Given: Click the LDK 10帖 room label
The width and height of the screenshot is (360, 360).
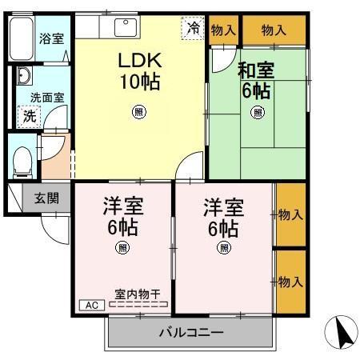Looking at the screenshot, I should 140,70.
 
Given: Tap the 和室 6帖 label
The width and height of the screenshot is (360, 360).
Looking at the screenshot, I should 257,78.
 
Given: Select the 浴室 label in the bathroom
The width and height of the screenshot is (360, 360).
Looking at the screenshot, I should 51,38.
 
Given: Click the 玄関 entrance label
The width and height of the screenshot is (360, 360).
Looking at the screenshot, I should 46,198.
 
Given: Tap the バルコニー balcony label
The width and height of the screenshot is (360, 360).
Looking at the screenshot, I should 190,332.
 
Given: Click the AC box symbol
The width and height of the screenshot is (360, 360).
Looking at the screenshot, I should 90,305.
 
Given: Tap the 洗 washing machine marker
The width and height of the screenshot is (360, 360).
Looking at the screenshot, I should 28,115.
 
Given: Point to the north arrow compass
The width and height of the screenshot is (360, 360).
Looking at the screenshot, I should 342,332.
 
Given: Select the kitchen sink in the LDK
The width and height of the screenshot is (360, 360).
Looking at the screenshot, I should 126,26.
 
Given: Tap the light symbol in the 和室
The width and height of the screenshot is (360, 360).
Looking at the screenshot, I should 258,112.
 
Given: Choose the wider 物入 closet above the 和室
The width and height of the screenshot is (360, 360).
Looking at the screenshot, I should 274,30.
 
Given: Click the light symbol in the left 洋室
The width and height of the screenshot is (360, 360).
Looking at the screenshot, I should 122,247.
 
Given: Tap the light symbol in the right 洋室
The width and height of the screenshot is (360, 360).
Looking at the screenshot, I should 222,247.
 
